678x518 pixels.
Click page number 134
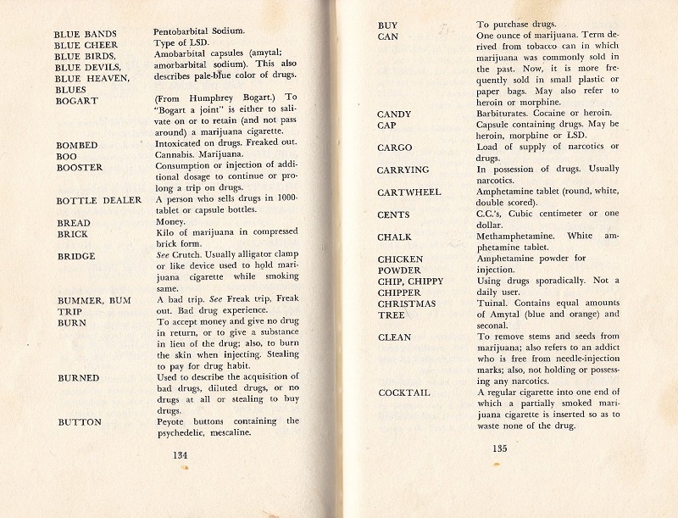click(180, 454)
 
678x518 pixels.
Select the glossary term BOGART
click(76, 101)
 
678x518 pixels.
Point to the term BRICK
click(73, 234)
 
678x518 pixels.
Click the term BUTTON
click(80, 421)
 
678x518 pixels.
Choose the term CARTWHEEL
click(409, 192)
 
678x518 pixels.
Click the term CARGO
click(395, 148)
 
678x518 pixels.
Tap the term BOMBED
click(78, 145)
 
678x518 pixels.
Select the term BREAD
click(73, 223)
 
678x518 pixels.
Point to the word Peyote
click(173, 421)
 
